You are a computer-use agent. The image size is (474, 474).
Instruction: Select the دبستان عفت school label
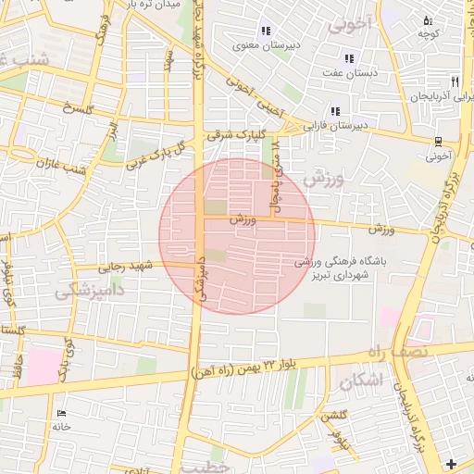tap(347, 71)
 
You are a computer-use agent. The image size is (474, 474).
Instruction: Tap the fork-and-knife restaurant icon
tap(454, 81)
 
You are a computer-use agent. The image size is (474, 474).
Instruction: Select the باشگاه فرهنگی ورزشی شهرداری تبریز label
tap(333, 268)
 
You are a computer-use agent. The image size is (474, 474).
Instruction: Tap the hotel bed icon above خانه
tap(62, 413)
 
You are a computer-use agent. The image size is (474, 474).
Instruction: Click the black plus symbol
tap(451, 463)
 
